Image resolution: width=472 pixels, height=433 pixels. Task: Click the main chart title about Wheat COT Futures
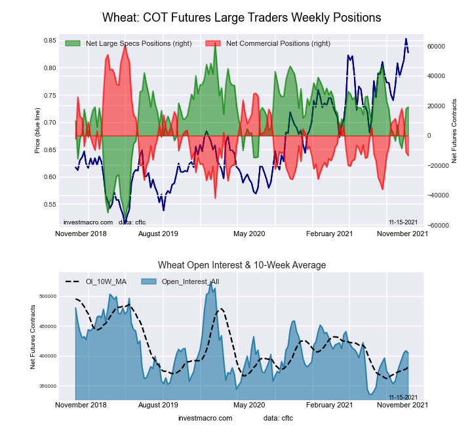click(x=242, y=16)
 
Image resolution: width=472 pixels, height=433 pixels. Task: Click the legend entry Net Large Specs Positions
click(x=138, y=43)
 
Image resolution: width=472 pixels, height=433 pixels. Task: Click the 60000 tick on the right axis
click(x=437, y=47)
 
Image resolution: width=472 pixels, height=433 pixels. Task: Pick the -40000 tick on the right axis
click(x=438, y=196)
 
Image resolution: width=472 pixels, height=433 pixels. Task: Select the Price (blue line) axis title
click(x=37, y=133)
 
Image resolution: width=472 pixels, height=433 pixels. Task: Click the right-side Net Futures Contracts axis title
click(x=454, y=131)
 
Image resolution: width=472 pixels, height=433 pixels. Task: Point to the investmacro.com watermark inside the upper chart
click(x=88, y=222)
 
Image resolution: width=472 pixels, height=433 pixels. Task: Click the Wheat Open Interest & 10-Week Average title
click(x=242, y=265)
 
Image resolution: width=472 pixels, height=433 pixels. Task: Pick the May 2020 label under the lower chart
click(x=249, y=405)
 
